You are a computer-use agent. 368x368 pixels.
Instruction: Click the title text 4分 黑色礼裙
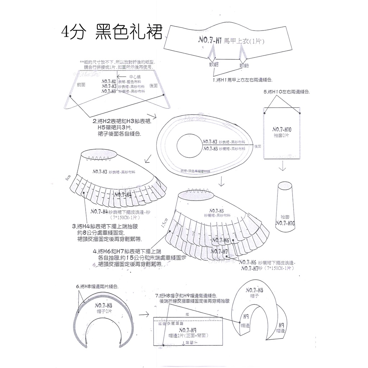pos(111,33)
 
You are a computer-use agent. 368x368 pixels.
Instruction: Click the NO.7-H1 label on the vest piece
pos(210,41)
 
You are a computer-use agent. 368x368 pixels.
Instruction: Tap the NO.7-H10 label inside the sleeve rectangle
pos(282,129)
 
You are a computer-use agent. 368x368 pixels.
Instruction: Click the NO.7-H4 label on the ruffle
pos(122,195)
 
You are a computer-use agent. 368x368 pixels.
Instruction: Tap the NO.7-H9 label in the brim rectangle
pos(187,330)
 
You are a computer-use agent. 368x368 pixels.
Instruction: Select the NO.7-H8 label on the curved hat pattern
pos(104,305)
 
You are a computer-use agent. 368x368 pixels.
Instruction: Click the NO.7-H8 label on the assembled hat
pos(254,290)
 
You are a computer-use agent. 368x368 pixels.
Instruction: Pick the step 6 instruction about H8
pos(97,286)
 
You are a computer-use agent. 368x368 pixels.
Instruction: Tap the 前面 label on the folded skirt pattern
pos(81,85)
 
